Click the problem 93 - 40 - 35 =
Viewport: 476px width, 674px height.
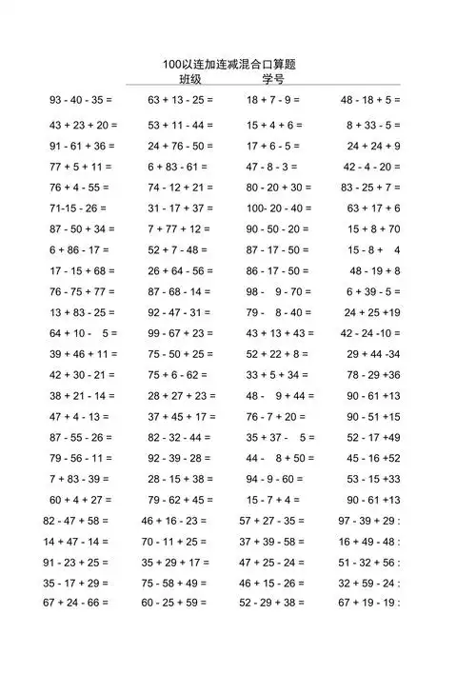click(81, 99)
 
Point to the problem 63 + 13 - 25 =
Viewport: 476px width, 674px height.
click(180, 99)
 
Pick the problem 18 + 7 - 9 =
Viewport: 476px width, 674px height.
click(273, 99)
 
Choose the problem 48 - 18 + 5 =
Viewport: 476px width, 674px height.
click(370, 99)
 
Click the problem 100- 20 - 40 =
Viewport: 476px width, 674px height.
click(279, 208)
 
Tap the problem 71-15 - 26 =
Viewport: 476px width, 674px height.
click(78, 208)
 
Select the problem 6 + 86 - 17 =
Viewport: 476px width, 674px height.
click(79, 249)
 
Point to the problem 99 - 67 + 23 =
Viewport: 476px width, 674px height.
click(180, 333)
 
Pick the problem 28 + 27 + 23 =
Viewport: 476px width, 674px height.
click(182, 396)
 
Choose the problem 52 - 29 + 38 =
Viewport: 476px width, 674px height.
click(272, 603)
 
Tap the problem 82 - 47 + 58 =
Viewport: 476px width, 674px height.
click(76, 521)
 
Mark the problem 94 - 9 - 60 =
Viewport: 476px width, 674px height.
click(273, 479)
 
